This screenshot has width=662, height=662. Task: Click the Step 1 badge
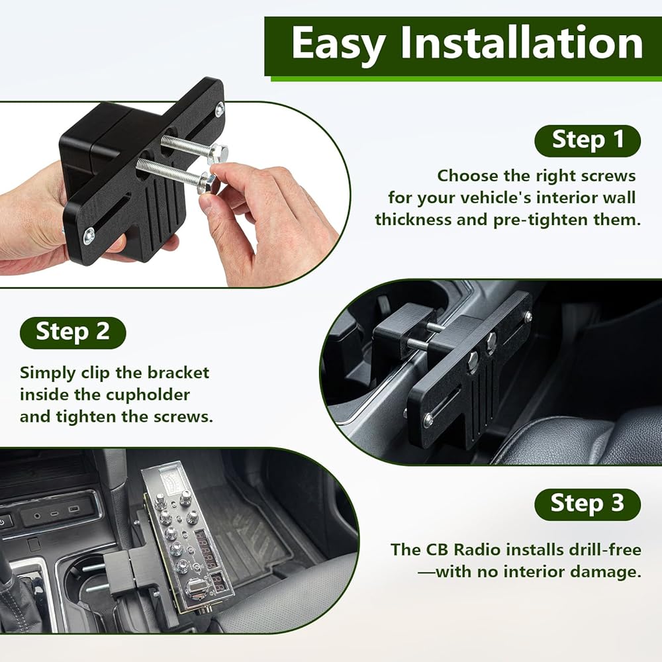[587, 140]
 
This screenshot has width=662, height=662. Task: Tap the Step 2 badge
[73, 333]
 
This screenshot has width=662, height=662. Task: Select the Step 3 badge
[587, 504]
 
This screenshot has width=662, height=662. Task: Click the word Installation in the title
[522, 42]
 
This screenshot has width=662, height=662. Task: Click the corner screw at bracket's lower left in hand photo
[89, 235]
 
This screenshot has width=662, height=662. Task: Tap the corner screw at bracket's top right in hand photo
[220, 110]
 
